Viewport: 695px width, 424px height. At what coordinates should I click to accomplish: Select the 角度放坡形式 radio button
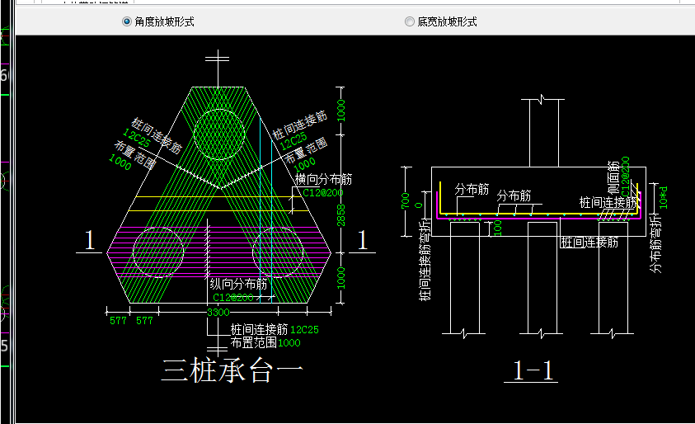[x=127, y=22]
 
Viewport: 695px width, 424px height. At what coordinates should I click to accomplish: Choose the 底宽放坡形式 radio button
[x=410, y=22]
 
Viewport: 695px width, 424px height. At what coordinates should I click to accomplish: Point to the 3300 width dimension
[x=218, y=313]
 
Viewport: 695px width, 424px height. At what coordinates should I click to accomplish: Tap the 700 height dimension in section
[x=405, y=201]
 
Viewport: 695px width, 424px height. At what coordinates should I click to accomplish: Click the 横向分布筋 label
[x=324, y=178]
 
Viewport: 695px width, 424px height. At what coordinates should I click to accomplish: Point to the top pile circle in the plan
[x=218, y=133]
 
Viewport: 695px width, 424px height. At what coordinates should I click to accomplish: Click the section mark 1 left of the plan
[x=91, y=241]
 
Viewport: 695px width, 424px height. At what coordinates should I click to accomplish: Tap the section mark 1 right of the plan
[x=361, y=241]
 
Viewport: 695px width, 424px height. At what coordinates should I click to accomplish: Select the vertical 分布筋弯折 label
[x=655, y=243]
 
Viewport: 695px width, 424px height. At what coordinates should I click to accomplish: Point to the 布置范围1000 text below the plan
[x=265, y=342]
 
